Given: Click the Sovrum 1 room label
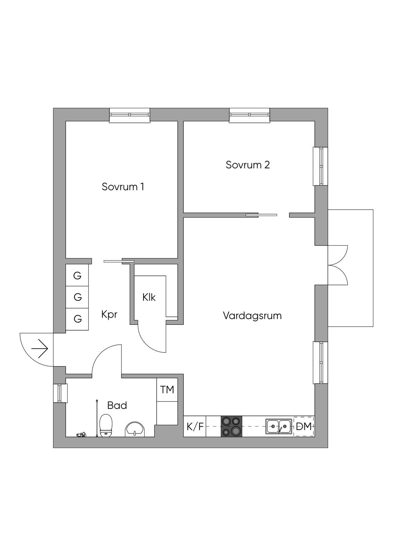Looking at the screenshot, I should [123, 187].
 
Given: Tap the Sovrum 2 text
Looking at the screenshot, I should [248, 165].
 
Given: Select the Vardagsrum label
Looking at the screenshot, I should [252, 316].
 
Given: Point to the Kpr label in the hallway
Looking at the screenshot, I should [109, 314].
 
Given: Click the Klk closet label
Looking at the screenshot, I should [149, 297].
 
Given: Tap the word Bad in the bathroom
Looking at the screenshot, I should [117, 405].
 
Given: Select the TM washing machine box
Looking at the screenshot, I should [167, 390].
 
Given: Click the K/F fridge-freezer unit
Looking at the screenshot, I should [195, 427].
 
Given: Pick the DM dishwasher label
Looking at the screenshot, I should [304, 427].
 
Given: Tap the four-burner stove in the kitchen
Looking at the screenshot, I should [231, 426].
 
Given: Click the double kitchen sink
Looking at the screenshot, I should [279, 426].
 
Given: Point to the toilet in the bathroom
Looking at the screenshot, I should [106, 426].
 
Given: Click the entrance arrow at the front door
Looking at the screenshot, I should [40, 349].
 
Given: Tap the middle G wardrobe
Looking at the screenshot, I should [78, 297].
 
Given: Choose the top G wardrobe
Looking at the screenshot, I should [78, 275].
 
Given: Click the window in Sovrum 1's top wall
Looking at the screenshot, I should [129, 115].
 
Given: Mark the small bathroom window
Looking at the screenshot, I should [59, 393].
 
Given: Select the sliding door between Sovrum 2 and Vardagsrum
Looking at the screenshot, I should [261, 215].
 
